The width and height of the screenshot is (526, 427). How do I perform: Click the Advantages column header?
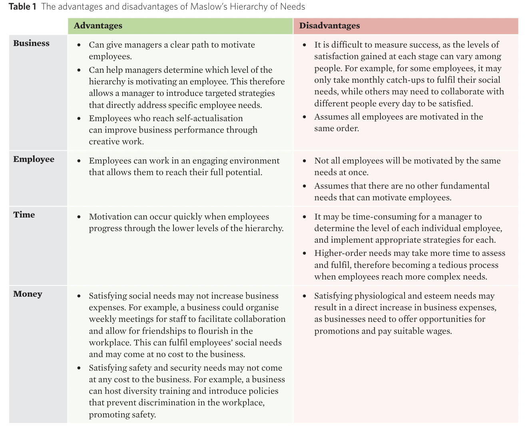tap(98, 26)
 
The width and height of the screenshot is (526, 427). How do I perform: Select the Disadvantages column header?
tap(329, 26)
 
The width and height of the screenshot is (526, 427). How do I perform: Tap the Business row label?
tap(31, 43)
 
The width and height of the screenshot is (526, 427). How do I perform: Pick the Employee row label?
tap(34, 159)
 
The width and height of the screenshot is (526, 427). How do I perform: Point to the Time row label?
tap(24, 215)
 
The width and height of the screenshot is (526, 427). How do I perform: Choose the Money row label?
tap(28, 294)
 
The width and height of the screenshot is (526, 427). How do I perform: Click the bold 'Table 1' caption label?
tap(22, 7)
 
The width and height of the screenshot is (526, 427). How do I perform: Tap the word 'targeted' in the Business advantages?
tap(221, 93)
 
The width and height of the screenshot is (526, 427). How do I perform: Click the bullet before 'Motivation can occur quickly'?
tap(79, 217)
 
